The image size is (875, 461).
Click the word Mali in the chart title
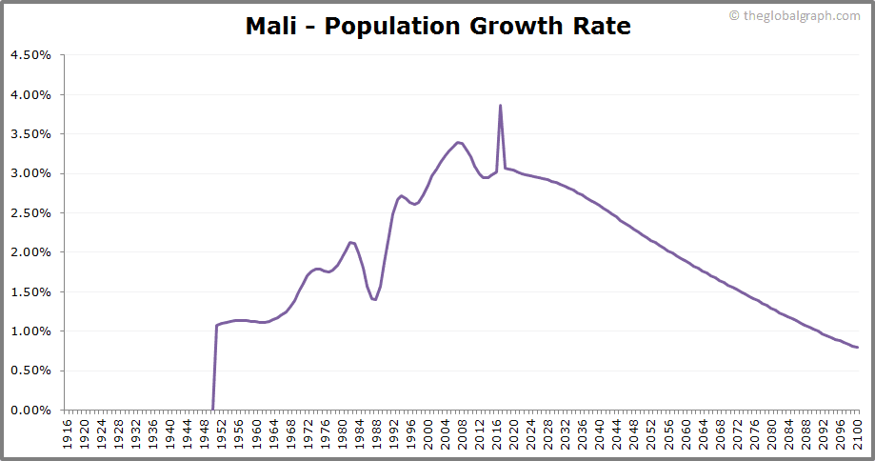tap(270, 26)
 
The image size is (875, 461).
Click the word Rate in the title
tap(600, 26)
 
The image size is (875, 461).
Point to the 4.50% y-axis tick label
tap(30, 55)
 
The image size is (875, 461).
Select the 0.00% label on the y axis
tap(30, 411)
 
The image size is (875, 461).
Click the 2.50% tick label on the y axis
tap(30, 213)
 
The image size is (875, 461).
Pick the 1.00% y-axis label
tap(30, 331)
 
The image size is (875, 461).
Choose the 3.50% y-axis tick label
tap(30, 134)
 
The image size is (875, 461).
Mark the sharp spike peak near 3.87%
tap(500, 106)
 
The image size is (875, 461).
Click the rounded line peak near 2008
tap(459, 142)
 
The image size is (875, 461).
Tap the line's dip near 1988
tap(375, 300)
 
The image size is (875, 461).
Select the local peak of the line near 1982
tap(351, 242)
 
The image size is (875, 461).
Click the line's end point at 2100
tap(857, 348)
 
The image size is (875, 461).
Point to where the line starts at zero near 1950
tap(212, 410)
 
